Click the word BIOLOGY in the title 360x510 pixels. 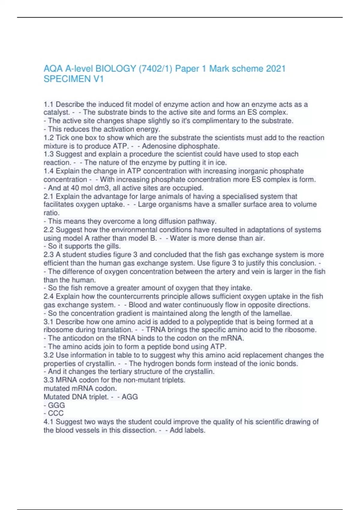[115, 69]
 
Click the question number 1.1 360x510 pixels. [49, 104]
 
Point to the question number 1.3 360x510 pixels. [49, 154]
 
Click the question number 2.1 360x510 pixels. [49, 196]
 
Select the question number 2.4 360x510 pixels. [49, 296]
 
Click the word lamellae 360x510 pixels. [277, 313]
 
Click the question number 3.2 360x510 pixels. [49, 355]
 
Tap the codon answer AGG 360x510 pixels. [130, 397]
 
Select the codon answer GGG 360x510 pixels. [56, 405]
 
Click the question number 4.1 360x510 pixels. [49, 422]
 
